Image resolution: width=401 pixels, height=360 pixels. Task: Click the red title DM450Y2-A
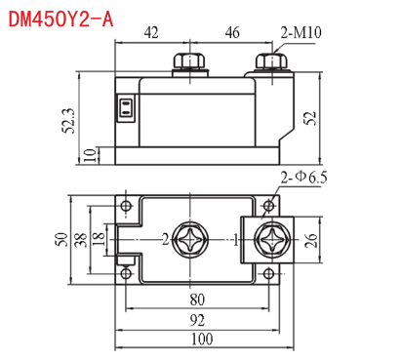(60, 19)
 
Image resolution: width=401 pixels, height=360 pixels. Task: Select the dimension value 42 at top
(151, 32)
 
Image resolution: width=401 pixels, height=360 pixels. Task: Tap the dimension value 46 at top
(232, 32)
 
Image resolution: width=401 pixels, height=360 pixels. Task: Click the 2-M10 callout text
(301, 32)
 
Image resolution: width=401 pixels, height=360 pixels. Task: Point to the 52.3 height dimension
(68, 121)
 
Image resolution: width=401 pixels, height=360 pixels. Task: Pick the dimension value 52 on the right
(310, 118)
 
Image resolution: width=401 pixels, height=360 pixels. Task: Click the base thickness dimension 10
(90, 155)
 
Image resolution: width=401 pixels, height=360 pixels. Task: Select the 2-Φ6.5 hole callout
(303, 178)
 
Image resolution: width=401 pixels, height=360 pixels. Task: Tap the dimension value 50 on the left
(61, 240)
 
